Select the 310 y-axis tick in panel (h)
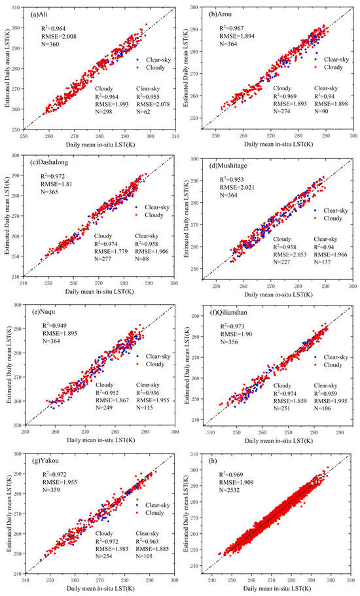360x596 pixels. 199,453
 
